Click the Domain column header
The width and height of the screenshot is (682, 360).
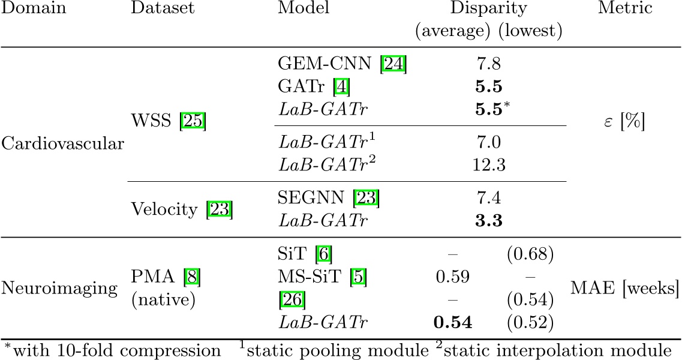tap(34, 9)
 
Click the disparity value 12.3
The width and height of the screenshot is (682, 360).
tap(490, 165)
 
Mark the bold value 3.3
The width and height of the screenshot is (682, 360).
tap(490, 221)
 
